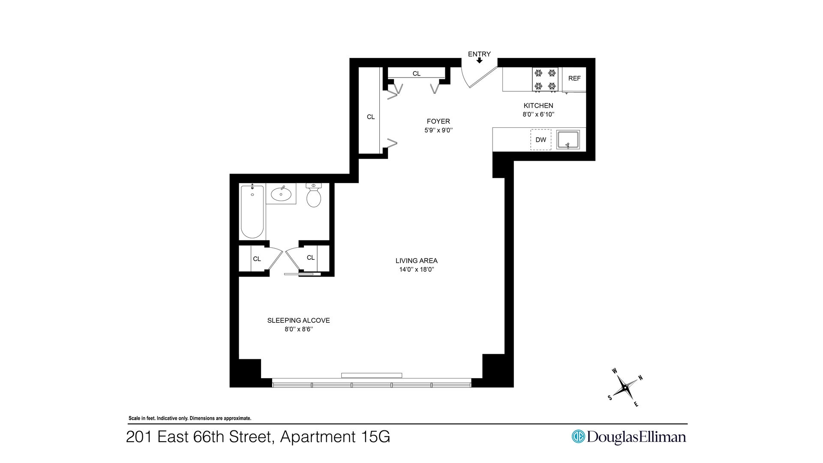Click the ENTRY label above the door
point(479,54)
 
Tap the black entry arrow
point(479,60)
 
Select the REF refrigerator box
point(574,79)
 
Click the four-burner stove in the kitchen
point(545,79)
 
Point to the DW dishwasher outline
point(541,140)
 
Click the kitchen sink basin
point(568,140)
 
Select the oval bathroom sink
point(281,194)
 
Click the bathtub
point(252,211)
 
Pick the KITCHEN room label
point(538,105)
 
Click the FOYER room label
point(439,121)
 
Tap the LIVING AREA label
point(417,261)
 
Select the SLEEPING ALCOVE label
point(299,320)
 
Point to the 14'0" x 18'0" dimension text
point(417,270)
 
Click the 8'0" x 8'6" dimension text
point(299,329)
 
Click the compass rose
point(625,388)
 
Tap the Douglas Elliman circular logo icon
point(578,436)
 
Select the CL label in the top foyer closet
point(417,74)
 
